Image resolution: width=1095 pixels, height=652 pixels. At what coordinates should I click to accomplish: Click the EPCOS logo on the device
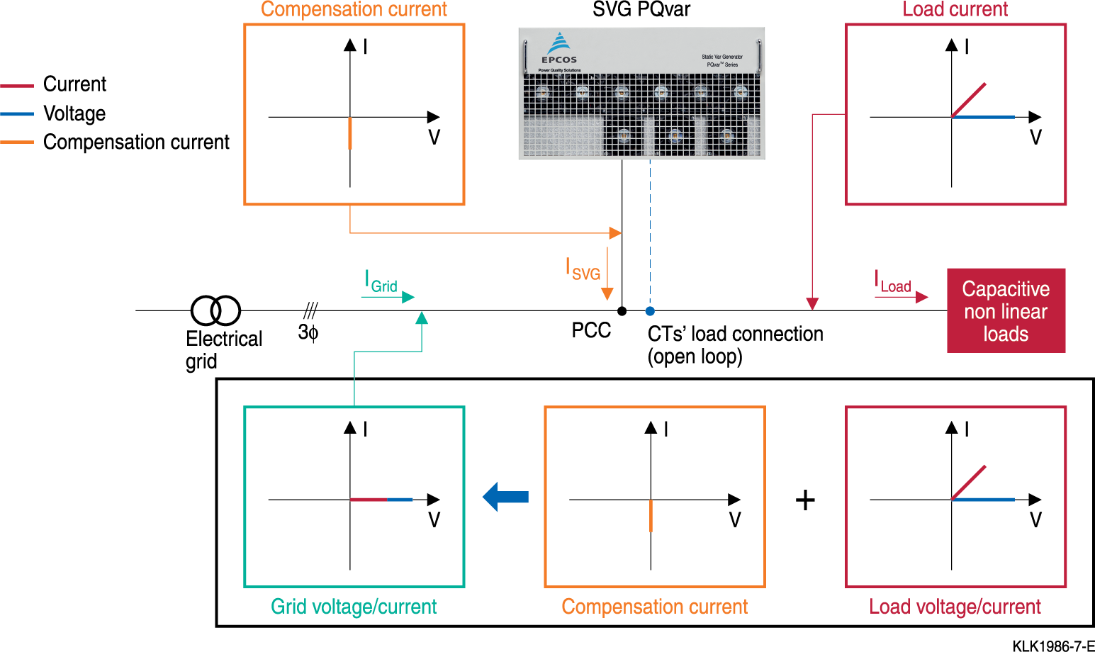pos(559,49)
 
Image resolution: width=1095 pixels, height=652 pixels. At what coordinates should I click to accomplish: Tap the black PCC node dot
pos(622,311)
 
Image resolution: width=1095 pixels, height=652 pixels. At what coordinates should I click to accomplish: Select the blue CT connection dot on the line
pos(650,311)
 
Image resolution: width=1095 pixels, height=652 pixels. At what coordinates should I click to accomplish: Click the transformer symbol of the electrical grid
pos(215,310)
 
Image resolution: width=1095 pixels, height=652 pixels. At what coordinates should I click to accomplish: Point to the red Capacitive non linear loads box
pos(1006,310)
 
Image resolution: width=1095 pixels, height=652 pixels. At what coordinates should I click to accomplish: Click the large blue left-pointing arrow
pos(505,497)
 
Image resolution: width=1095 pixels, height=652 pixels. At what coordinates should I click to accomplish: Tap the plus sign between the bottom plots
pos(805,500)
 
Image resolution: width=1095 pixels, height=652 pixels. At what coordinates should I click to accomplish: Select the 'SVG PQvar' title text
pos(641,9)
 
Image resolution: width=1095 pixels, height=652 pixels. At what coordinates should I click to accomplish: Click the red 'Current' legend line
pos(17,86)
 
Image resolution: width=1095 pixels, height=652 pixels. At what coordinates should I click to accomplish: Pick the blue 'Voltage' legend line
pos(17,114)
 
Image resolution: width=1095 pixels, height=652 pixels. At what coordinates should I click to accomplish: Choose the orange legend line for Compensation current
pos(17,142)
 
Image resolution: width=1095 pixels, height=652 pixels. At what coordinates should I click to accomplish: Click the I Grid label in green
pos(381,281)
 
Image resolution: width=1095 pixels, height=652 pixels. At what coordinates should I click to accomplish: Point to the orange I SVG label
pos(583,269)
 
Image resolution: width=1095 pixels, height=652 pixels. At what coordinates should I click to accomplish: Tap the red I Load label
pos(892,281)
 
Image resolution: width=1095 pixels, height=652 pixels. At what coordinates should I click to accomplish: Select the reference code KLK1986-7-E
pos(1053,646)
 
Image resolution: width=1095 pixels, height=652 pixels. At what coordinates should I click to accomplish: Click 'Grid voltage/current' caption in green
pos(354,607)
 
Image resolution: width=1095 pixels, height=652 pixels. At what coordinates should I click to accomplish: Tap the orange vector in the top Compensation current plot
pos(350,133)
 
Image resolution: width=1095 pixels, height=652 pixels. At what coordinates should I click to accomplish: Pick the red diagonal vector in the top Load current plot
pos(968,100)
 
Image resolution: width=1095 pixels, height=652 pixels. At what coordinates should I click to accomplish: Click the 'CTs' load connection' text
pos(735,335)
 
